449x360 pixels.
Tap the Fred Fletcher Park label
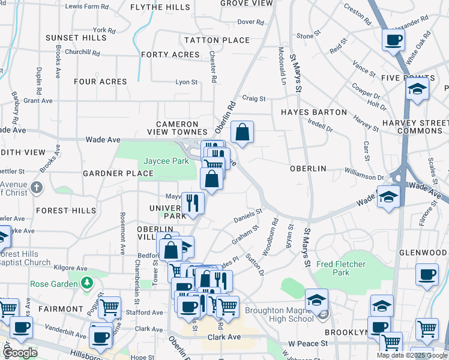[x=341, y=268]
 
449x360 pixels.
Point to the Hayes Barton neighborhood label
[x=314, y=112]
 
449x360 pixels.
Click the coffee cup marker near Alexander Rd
[x=394, y=40]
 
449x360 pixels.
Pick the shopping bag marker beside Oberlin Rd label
[x=242, y=133]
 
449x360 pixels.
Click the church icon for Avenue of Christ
[x=37, y=187]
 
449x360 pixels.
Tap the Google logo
[x=20, y=352]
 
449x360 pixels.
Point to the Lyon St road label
[x=186, y=82]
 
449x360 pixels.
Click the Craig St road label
[x=253, y=98]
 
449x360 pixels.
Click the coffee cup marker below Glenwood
[x=427, y=274]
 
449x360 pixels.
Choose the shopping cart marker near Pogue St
[x=109, y=308]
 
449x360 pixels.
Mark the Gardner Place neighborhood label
[x=118, y=173]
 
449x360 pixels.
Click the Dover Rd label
[x=251, y=22]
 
